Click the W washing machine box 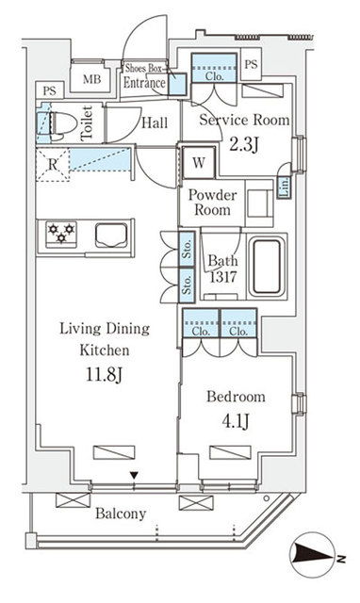coord(199,160)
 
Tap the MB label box coord(92,80)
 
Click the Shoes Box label coord(145,67)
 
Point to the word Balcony coord(121,513)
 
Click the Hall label coord(155,122)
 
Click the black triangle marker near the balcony coord(135,475)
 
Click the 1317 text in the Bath coord(222,278)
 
